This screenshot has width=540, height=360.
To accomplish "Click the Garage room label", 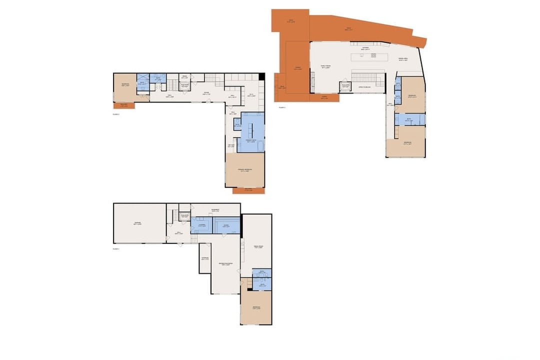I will coord(138,223).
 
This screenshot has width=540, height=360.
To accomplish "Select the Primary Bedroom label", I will coord(245,170).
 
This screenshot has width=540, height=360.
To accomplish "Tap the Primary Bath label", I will coord(252,141).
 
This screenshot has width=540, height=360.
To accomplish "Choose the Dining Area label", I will coord(403,59).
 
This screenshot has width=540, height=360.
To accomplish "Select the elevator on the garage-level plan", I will coord(184,215).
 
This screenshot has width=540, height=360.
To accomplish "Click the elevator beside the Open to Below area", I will coord(345,86).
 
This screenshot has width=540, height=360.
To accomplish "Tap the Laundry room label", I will coord(202,225).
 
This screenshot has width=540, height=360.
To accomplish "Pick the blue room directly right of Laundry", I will coord(226,226).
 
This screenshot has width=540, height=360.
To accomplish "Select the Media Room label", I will coord(258,247).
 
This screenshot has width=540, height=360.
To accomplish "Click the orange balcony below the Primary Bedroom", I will coord(247,190).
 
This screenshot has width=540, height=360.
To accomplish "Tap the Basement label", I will coord(215,210).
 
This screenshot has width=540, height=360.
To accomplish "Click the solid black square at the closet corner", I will coord(261,75).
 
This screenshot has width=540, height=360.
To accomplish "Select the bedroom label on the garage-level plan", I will coord(256,307).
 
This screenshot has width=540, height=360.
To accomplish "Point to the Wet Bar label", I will coord(231,145).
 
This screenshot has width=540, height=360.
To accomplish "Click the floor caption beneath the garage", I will coord(116,248).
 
